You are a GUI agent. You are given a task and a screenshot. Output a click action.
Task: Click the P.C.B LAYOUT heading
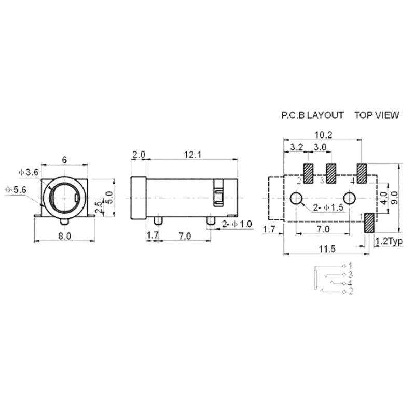click(x=312, y=115)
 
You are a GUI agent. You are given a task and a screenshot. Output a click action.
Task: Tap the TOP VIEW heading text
click(x=377, y=115)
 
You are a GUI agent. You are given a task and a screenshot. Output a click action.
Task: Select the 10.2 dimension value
click(x=323, y=135)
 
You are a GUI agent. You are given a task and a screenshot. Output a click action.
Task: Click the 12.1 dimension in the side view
click(x=192, y=155)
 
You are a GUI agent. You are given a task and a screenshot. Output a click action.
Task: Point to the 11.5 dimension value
click(x=327, y=249)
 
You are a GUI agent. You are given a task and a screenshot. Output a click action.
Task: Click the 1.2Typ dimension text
click(x=389, y=241)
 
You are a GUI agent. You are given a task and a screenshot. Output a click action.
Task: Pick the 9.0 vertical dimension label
click(x=394, y=198)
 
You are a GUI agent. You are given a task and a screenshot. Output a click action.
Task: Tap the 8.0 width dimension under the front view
click(x=64, y=236)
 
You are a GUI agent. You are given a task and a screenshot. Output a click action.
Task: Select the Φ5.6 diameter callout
click(x=16, y=190)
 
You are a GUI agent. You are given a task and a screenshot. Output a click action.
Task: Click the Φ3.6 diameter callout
click(x=29, y=172)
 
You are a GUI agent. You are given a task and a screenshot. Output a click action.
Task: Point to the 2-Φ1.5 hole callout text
click(x=328, y=208)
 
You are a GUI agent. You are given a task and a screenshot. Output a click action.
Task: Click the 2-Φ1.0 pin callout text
click(x=237, y=224)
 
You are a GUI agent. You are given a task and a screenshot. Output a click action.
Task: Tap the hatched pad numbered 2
click(x=308, y=174)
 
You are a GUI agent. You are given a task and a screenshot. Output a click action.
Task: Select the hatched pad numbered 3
click(x=331, y=174)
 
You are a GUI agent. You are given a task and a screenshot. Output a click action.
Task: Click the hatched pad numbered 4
click(x=362, y=174)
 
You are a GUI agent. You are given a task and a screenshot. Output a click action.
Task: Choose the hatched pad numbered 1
click(x=369, y=223)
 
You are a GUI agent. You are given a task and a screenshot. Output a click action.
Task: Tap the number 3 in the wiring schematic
click(x=351, y=274)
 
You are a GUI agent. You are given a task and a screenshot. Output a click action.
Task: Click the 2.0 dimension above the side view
click(x=139, y=155)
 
